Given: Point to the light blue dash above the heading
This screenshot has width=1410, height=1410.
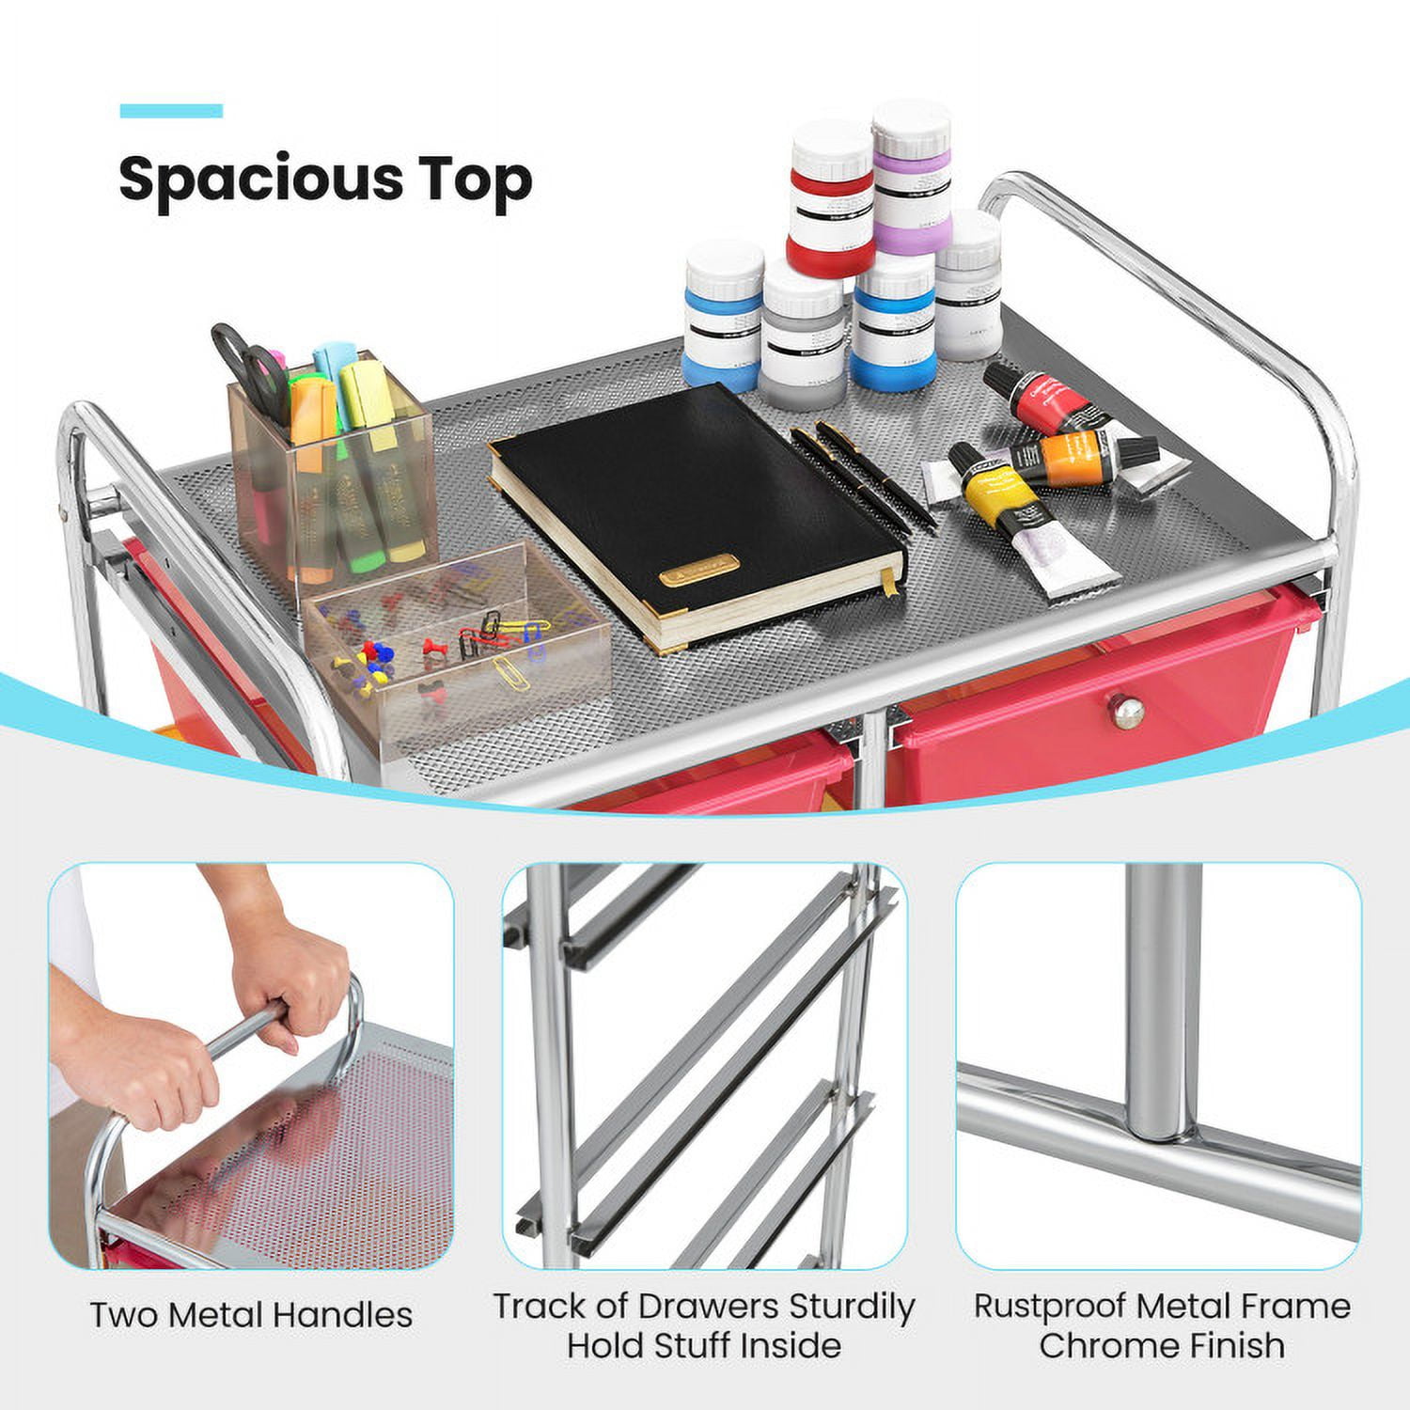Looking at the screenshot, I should tap(171, 111).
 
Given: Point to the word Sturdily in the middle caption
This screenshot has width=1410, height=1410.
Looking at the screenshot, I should tap(852, 1307).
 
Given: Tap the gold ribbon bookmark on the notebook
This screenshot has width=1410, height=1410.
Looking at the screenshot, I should tap(888, 580).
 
